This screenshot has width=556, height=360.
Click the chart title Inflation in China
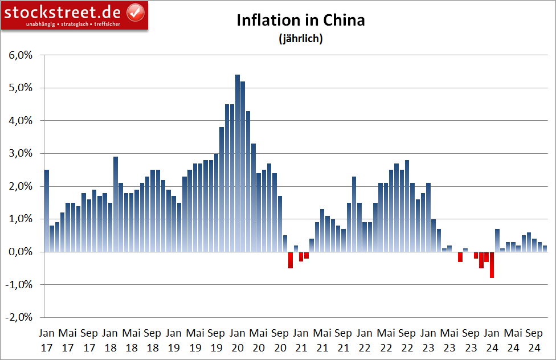click(x=300, y=21)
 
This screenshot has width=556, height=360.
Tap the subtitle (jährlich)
click(x=300, y=39)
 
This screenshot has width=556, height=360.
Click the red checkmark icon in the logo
click(x=134, y=11)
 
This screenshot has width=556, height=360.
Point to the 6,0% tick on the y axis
click(x=21, y=55)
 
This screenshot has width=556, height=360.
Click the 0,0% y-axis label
click(x=21, y=252)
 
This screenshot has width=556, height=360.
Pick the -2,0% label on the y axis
click(x=19, y=317)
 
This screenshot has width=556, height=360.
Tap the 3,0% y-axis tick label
click(x=21, y=154)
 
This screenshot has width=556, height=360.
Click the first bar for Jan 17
click(x=47, y=211)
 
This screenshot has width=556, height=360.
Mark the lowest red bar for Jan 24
click(x=492, y=265)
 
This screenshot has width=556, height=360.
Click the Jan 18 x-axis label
click(x=111, y=339)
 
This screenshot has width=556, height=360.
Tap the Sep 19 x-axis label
click(x=216, y=339)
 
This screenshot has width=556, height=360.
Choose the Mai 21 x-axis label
click(x=322, y=339)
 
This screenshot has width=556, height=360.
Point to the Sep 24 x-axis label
click(x=534, y=339)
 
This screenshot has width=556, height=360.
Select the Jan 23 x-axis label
click(x=428, y=339)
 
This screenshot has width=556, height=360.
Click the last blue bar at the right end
click(x=545, y=249)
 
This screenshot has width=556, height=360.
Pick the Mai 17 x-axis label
click(x=68, y=339)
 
